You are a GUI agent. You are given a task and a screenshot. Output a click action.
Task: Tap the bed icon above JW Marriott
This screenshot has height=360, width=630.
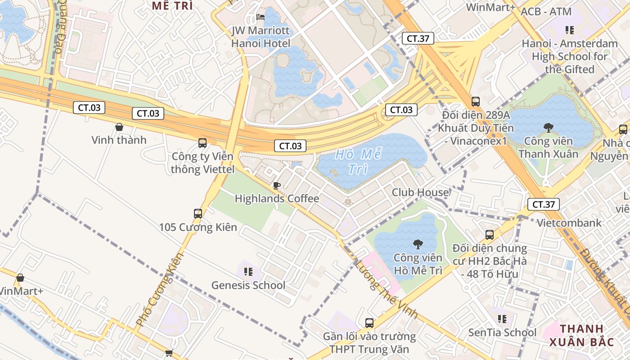point(261,17)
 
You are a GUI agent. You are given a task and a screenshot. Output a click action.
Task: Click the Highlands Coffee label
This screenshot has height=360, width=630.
point(277,198)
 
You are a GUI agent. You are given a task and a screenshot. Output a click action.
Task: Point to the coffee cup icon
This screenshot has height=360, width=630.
point(277,185)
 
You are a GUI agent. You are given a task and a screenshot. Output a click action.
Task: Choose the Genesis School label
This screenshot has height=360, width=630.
point(248,285)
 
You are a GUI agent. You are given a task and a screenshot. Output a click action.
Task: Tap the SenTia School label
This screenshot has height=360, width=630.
point(502,333)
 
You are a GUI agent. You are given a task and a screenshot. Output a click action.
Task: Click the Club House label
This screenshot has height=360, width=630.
point(420,193)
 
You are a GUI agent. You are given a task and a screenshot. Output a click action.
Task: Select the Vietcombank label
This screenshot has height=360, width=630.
point(569,223)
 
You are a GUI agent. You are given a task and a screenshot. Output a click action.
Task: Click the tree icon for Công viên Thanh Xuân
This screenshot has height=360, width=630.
point(548,128)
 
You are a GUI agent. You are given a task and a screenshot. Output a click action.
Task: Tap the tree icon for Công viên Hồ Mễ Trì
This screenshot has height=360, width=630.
point(418,244)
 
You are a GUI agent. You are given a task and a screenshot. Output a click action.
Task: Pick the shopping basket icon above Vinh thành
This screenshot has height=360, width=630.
point(119,127)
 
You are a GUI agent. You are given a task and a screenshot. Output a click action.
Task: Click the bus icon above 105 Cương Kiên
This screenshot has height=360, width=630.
point(198,214)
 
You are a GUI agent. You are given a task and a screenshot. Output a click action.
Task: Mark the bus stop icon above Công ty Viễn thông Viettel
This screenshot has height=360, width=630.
point(202,143)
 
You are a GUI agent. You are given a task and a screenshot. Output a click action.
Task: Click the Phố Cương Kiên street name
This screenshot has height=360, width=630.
point(160,289)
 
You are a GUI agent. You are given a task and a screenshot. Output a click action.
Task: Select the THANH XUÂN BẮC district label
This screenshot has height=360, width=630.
point(581,335)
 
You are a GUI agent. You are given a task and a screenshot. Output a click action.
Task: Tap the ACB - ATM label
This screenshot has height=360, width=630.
point(546,12)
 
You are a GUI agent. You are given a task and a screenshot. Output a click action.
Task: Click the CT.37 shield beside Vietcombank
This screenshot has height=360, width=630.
point(544,205)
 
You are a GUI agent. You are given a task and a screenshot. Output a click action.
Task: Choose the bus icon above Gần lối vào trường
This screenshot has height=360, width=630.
point(369,323)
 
